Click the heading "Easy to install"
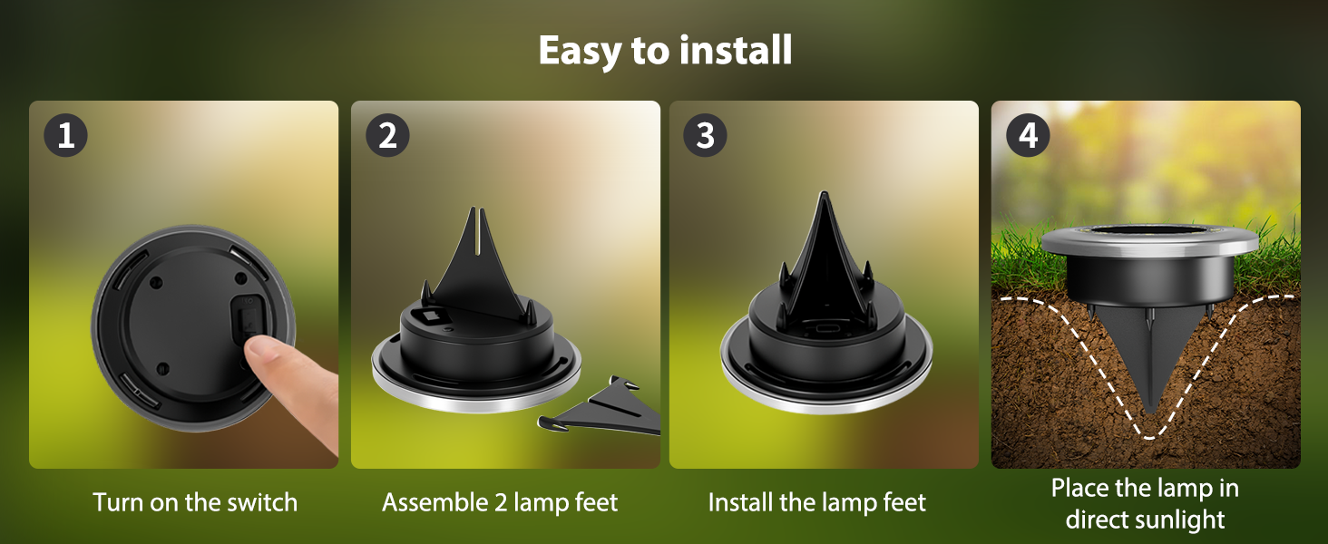665,51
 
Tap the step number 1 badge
65,137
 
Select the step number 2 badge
387,137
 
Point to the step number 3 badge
706,137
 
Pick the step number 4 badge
1028,137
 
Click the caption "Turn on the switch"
195,502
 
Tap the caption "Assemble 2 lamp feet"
500,502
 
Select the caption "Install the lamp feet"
816,502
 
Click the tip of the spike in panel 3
822,196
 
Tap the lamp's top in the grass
1149,238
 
